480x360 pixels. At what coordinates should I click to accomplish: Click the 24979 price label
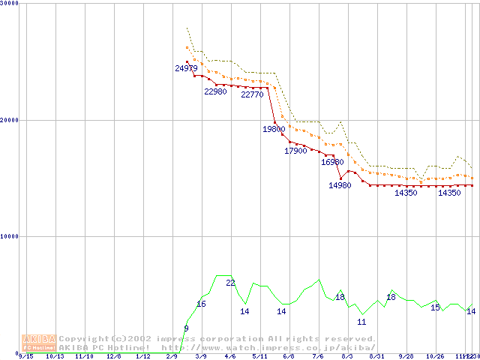(186, 68)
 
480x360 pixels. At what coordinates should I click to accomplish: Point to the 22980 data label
(215, 91)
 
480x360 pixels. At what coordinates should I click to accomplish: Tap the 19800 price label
(274, 129)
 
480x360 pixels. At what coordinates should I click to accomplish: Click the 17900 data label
(295, 151)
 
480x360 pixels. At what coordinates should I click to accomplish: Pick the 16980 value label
(332, 162)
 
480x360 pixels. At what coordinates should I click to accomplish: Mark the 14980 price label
(340, 186)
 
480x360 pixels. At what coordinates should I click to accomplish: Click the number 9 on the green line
(186, 328)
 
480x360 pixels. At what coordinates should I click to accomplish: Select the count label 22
(230, 283)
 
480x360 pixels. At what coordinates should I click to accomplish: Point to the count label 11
(361, 322)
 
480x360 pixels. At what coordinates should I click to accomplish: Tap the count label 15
(435, 307)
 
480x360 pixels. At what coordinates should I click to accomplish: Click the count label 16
(201, 304)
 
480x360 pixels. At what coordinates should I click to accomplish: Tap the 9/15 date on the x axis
(25, 357)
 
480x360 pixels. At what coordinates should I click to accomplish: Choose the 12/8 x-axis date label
(114, 357)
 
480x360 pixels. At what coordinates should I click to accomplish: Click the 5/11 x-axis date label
(259, 357)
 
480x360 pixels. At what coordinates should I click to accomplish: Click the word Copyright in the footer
(84, 339)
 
